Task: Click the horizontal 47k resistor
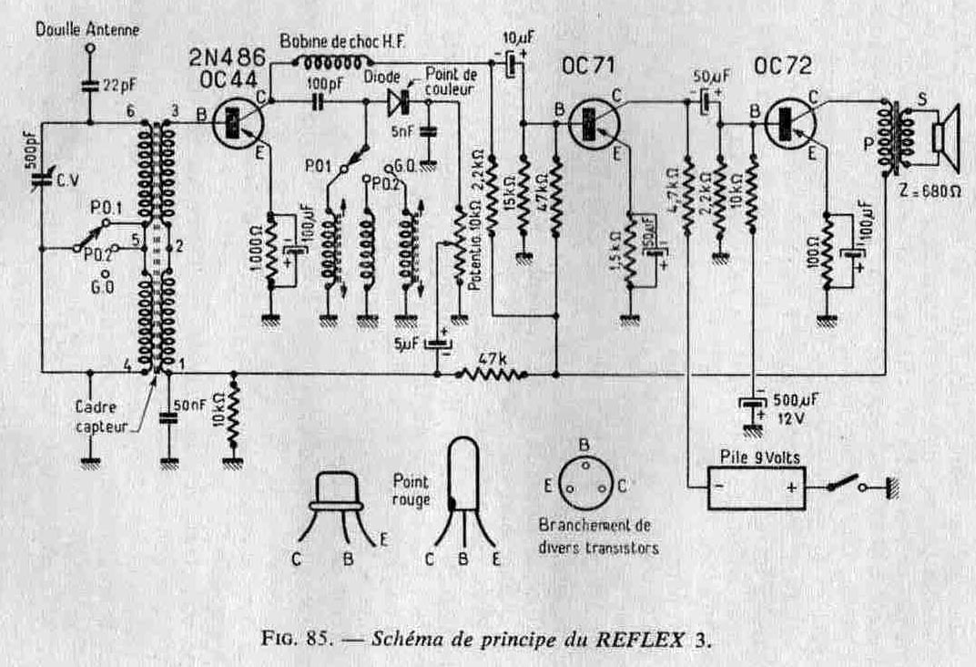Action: point(493,372)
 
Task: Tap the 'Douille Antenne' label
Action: point(87,29)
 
